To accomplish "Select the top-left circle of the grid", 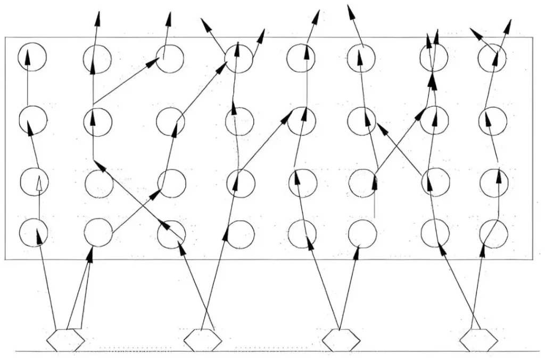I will (32, 57).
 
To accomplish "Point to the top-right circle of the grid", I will (492, 58).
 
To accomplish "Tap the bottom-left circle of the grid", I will (34, 232).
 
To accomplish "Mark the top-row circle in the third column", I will (170, 59).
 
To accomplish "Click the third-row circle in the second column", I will (99, 184).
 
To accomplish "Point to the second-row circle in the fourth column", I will (240, 121).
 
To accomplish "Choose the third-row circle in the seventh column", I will (435, 183).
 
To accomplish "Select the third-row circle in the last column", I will (493, 183).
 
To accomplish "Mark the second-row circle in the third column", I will (170, 121).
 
